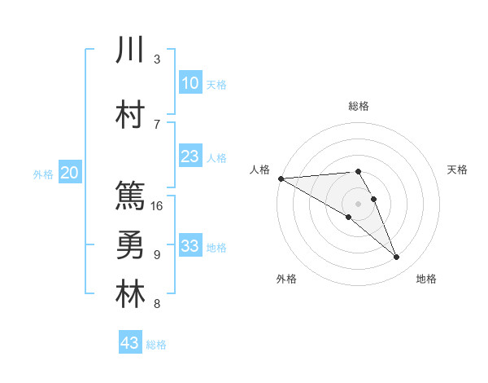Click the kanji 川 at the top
(130, 50)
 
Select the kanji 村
(130, 115)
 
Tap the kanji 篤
(130, 195)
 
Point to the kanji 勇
(130, 245)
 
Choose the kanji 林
(130, 295)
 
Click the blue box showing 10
(190, 83)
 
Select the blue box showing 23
(190, 156)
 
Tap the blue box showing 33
(190, 246)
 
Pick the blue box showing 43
(130, 343)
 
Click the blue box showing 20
(70, 173)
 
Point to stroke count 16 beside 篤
(158, 205)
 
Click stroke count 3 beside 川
(157, 59)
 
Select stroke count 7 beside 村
(157, 124)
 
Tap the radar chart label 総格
(359, 107)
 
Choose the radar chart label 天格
(458, 169)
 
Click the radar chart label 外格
(286, 279)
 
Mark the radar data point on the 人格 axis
(281, 178)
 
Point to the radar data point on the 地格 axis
(397, 258)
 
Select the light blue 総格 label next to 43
(156, 345)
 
